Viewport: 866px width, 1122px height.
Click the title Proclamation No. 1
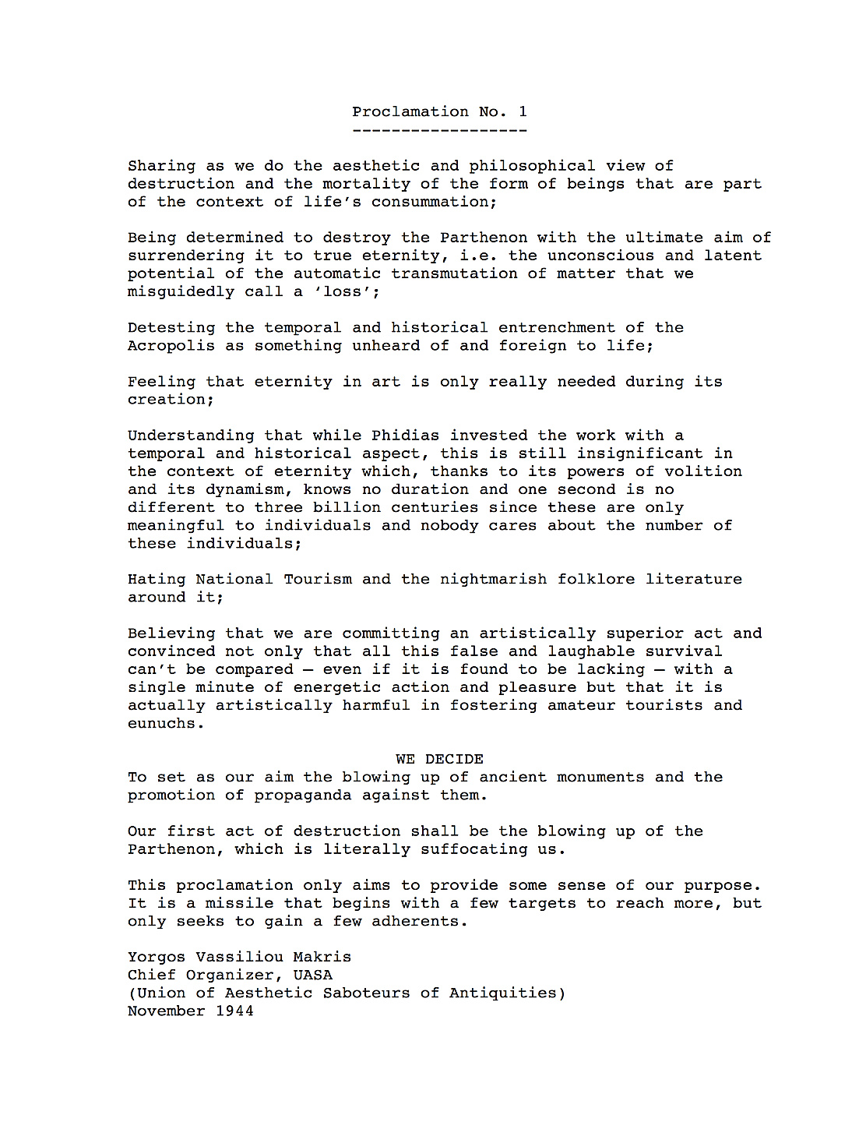(x=439, y=111)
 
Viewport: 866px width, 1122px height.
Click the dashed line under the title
(x=439, y=130)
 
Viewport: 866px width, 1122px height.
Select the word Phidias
(x=405, y=435)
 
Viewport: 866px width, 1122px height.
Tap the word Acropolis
(x=171, y=345)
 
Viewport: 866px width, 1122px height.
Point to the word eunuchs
(x=165, y=723)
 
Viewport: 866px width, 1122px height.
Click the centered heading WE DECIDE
(x=439, y=759)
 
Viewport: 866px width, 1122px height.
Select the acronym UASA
(x=312, y=975)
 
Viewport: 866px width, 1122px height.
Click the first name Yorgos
(x=157, y=957)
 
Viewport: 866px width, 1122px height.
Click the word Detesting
(x=171, y=327)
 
